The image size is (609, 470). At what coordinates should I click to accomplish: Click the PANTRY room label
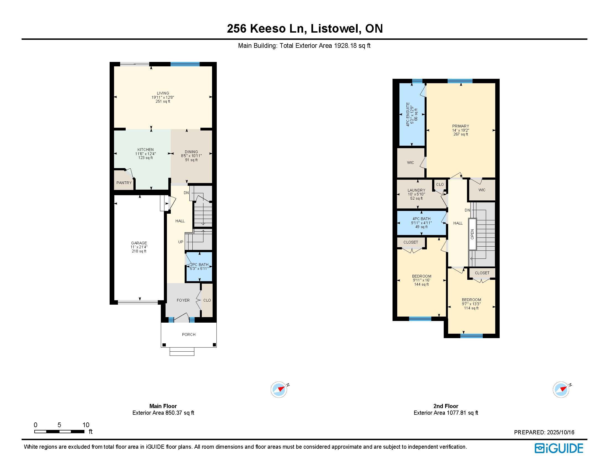[x=124, y=183]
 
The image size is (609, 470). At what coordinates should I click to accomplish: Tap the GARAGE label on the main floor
[x=139, y=243]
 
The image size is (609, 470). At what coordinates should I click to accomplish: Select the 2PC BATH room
[x=199, y=266]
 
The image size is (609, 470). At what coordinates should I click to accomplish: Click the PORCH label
[x=189, y=335]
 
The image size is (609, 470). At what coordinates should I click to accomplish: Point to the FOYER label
[x=183, y=300]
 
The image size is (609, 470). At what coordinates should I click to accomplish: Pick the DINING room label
[x=191, y=152]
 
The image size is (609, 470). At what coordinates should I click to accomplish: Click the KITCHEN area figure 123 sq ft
[x=145, y=158]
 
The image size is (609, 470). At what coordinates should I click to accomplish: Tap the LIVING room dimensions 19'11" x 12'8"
[x=163, y=97]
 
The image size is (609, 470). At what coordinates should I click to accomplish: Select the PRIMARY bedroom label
[x=461, y=126]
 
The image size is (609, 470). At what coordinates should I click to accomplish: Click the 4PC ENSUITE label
[x=408, y=114]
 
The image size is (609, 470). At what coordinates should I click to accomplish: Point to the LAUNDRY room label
[x=416, y=190]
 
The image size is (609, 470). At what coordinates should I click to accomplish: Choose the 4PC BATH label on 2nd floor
[x=421, y=219]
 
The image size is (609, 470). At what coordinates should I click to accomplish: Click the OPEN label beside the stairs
[x=472, y=234]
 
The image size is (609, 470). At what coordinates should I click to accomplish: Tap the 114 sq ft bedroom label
[x=471, y=308]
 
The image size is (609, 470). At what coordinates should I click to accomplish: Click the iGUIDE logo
[x=559, y=448]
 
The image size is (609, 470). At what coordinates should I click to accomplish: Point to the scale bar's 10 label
[x=86, y=425]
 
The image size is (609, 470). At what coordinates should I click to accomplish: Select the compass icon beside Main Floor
[x=278, y=389]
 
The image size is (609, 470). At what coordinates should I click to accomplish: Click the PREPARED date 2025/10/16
[x=561, y=432]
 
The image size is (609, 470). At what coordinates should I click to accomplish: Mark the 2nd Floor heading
[x=446, y=406]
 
